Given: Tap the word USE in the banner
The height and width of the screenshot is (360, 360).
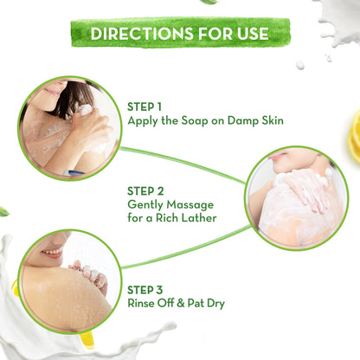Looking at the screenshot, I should (247, 34).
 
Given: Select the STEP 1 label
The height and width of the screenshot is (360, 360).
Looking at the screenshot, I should (145, 106).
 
